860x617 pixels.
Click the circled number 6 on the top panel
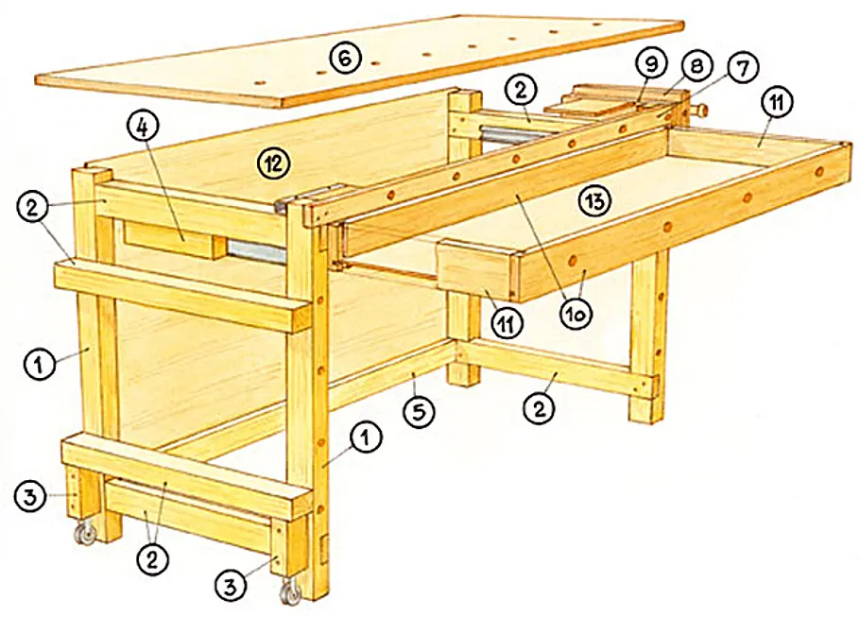[x=345, y=59]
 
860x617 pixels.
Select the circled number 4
[x=142, y=128]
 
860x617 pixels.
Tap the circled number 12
[x=272, y=163]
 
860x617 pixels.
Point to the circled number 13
[x=595, y=200]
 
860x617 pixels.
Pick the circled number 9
[x=650, y=64]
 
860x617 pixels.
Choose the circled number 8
[x=696, y=66]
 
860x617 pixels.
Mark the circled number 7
[x=742, y=69]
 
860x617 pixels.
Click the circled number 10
[x=576, y=314]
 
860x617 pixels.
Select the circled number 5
[x=419, y=411]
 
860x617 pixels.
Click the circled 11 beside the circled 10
[x=506, y=323]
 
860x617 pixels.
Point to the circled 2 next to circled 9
[x=521, y=90]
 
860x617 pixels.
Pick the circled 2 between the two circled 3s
[x=152, y=559]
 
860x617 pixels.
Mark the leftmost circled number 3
[x=30, y=497]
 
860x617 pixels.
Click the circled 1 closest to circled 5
[x=366, y=438]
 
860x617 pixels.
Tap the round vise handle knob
[x=701, y=110]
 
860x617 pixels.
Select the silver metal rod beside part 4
[x=256, y=251]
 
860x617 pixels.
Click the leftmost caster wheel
[x=85, y=533]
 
